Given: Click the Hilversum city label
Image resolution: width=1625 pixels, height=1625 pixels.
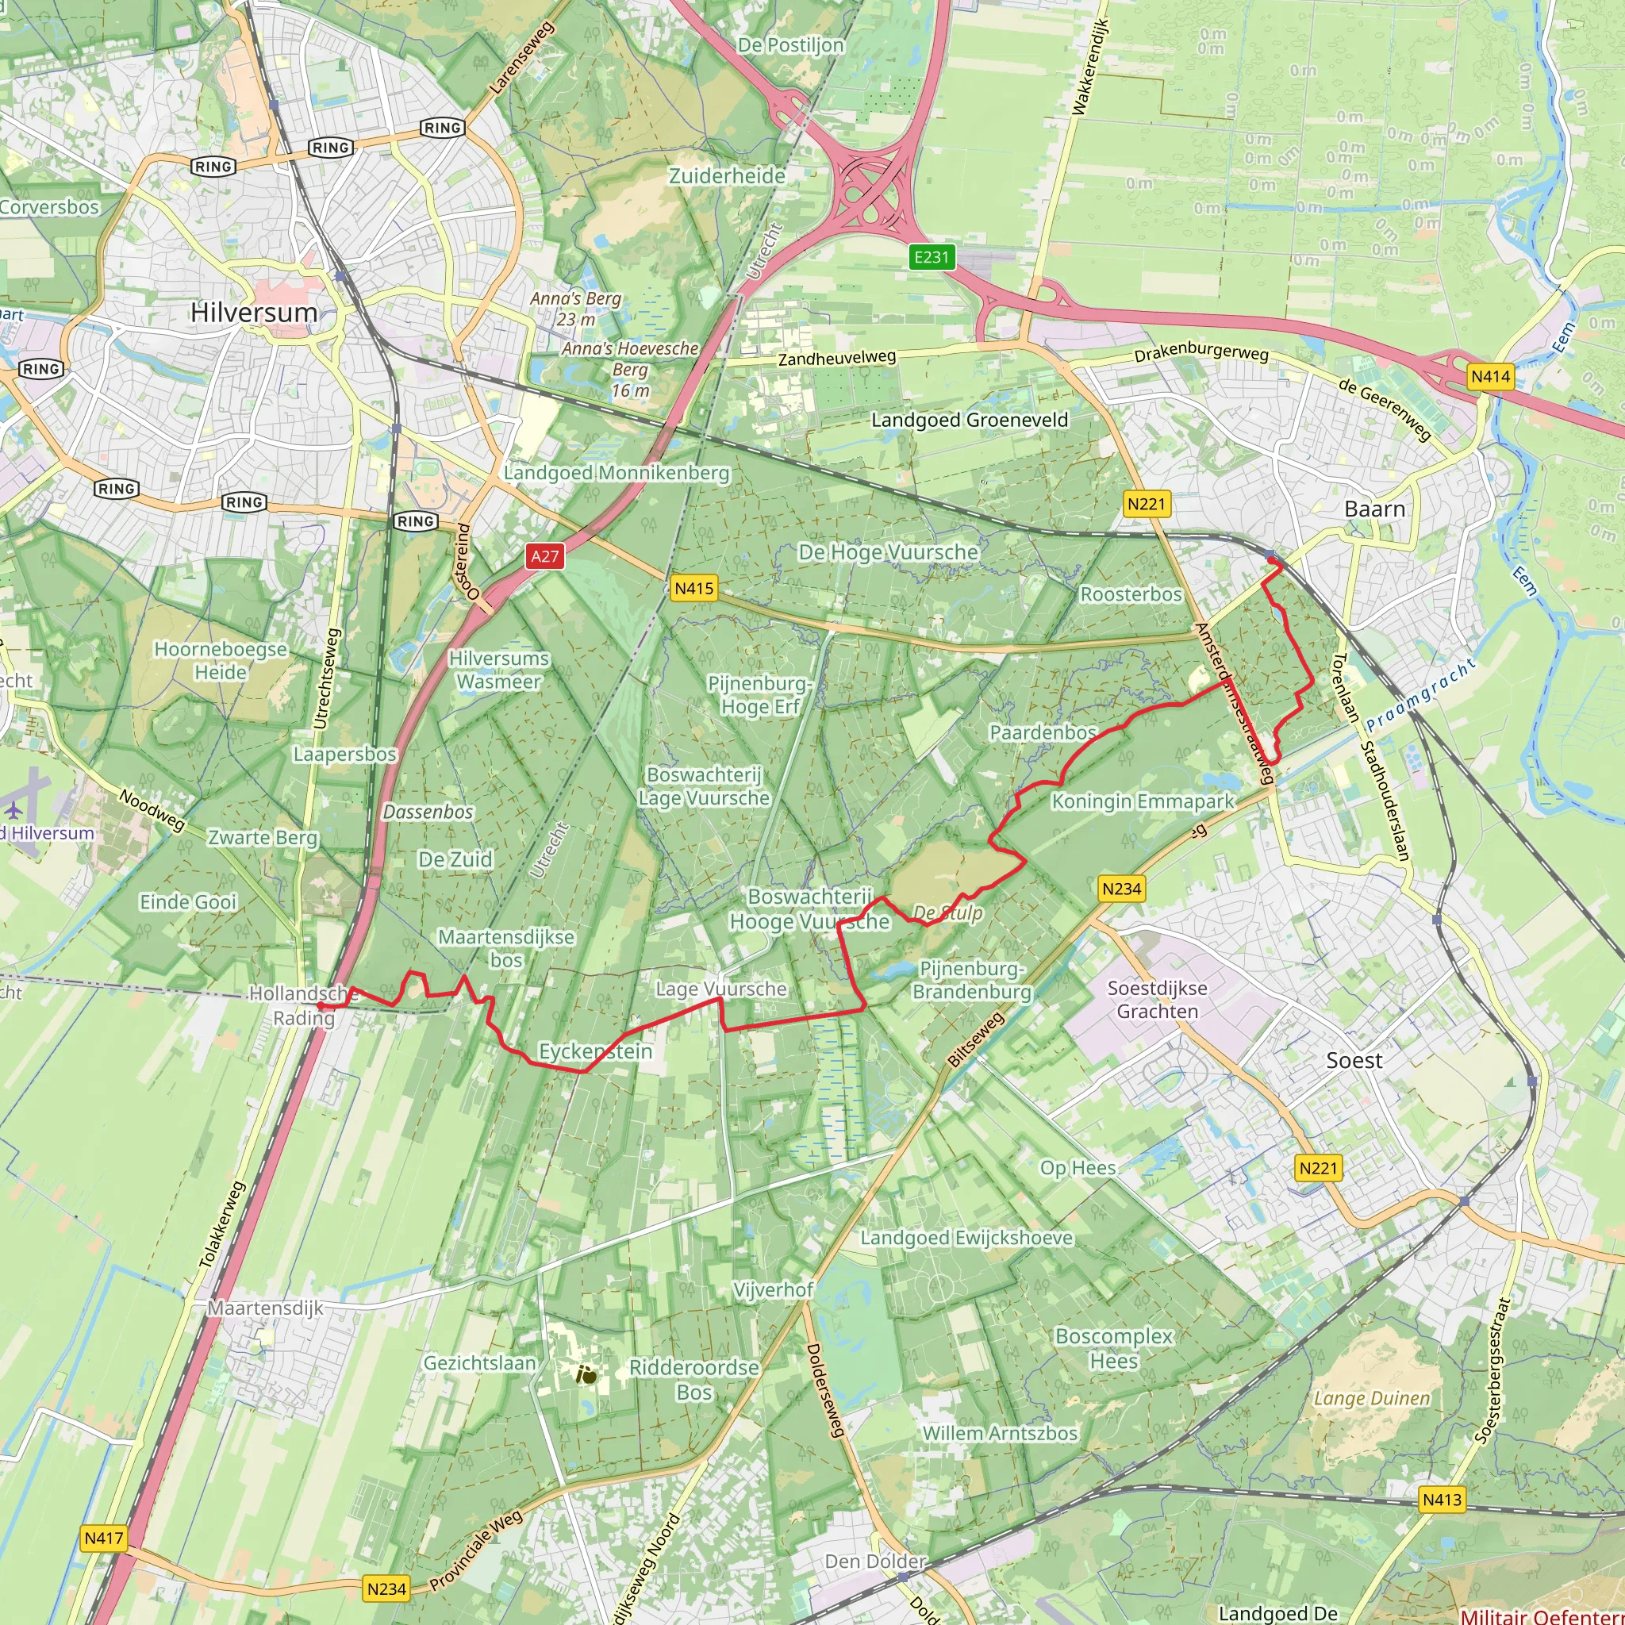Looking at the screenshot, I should [x=253, y=312].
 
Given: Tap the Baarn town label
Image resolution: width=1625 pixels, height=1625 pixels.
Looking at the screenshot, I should [x=1374, y=509].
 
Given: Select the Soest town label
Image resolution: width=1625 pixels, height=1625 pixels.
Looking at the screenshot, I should [x=1354, y=1060].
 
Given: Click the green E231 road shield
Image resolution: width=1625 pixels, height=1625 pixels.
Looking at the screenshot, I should [x=931, y=256].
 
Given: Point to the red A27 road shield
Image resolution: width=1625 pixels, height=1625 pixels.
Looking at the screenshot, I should [x=544, y=556].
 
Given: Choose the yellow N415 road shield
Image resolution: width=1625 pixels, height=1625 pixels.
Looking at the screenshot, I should [x=694, y=589].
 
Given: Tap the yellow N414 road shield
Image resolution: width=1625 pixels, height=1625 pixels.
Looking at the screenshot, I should [x=1490, y=376].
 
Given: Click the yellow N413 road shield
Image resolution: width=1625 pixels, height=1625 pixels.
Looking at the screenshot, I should [x=1442, y=1499].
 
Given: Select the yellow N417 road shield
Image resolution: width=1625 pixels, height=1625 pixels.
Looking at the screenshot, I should [x=103, y=1539].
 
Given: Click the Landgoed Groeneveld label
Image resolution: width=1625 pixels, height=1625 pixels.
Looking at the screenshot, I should [x=969, y=420].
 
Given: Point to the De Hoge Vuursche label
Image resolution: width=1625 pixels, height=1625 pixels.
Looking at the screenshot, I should [x=888, y=551].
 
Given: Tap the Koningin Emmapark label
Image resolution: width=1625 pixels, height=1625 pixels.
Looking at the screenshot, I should [x=1143, y=801].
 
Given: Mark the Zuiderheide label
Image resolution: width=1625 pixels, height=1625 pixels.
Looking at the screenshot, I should [x=727, y=176].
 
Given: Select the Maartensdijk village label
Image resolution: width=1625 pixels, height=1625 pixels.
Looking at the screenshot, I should [x=265, y=1308].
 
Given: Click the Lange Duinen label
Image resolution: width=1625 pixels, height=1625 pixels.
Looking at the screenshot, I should [x=1371, y=1398].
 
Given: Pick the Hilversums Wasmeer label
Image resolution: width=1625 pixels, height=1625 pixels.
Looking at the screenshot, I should [x=499, y=670].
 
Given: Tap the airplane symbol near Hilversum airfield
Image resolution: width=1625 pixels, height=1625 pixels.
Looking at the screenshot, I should [x=14, y=809].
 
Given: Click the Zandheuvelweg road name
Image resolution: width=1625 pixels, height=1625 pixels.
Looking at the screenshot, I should [x=837, y=358].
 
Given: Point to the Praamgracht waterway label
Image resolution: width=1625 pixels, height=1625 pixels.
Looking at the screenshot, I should [x=1420, y=695].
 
